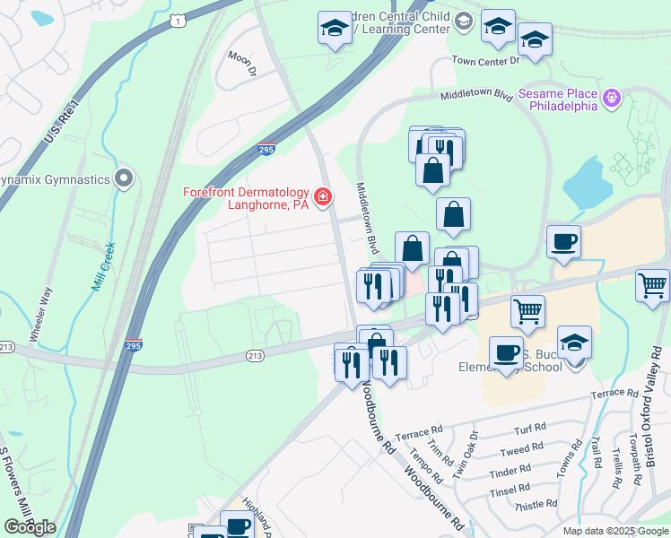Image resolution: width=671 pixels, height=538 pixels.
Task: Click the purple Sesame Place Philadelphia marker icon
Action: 613,98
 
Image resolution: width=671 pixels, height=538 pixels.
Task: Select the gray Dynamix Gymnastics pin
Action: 124,179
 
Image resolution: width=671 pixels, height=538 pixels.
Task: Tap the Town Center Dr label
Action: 485,61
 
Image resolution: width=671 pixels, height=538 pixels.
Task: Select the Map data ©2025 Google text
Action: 614,531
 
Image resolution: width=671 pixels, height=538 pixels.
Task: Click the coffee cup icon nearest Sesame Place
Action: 563,242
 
